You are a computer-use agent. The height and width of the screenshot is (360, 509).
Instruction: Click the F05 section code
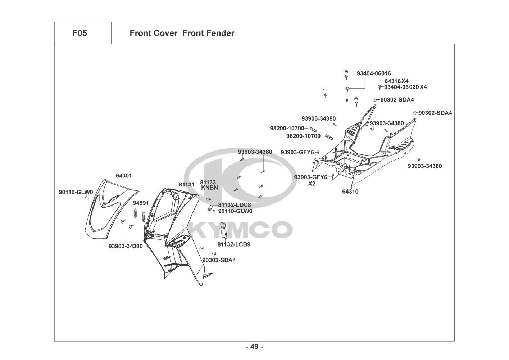tap(79, 33)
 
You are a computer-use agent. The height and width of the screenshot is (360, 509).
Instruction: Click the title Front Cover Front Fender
tap(182, 33)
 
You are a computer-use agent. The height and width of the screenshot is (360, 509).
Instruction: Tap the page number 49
tap(254, 347)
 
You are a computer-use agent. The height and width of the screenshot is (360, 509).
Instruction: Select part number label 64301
tap(124, 176)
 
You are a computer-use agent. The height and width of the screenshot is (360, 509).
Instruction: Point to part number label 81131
tap(186, 184)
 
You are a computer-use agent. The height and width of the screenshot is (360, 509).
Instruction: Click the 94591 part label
tap(141, 203)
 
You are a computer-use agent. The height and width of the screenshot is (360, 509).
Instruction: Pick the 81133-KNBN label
tap(209, 185)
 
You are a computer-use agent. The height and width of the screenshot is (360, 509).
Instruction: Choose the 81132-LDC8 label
tap(234, 204)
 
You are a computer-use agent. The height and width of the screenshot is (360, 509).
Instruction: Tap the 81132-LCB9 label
tap(234, 244)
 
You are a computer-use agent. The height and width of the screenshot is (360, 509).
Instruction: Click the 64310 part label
tap(350, 192)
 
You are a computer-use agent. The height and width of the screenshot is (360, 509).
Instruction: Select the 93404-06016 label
tap(374, 73)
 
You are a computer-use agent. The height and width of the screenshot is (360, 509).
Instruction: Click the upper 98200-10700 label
tap(287, 128)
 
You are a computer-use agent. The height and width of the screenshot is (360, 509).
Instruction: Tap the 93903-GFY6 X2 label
tap(311, 180)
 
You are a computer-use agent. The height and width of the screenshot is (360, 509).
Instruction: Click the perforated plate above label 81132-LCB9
tap(224, 230)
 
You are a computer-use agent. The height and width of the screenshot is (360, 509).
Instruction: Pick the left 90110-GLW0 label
tap(76, 192)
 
